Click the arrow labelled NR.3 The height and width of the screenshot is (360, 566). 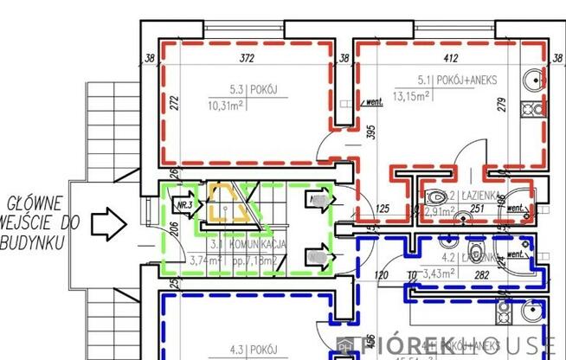click(x=183, y=206)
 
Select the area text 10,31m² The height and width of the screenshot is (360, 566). click(x=227, y=106)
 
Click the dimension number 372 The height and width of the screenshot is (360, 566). click(x=249, y=59)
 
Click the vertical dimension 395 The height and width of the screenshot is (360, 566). click(x=370, y=132)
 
